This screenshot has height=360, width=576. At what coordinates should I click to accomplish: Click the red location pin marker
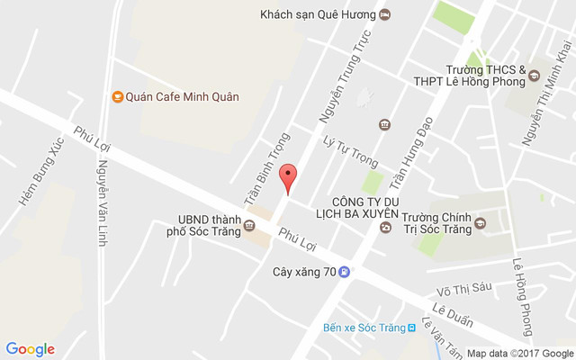tap(288, 177)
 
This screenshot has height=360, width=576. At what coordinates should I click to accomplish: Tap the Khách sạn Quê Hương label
tap(316, 14)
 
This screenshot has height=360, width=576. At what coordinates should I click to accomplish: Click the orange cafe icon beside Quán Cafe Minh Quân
tap(116, 96)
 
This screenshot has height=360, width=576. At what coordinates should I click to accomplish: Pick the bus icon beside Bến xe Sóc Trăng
tap(411, 328)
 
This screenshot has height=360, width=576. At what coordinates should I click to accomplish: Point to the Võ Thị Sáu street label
tap(465, 290)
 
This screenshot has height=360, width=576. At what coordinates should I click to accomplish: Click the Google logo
tap(30, 349)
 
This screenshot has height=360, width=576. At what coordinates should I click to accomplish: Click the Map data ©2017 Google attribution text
tap(519, 354)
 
